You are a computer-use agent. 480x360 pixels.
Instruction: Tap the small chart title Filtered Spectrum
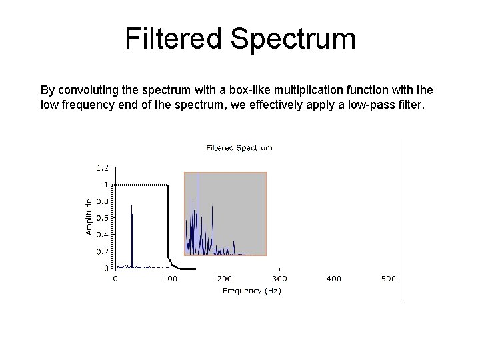239,147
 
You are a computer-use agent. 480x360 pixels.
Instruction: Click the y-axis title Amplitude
89,215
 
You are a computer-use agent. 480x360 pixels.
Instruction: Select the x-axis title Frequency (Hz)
251,291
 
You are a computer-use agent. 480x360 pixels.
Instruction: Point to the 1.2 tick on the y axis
101,167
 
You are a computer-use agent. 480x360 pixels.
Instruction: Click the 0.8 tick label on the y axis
101,201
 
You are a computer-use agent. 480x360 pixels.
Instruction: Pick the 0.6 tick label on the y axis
101,217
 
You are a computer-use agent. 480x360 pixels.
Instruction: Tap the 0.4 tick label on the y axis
101,235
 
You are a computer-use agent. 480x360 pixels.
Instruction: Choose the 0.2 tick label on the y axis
101,251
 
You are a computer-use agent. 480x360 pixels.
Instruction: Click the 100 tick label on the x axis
169,279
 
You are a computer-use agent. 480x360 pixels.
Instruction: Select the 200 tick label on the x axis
224,279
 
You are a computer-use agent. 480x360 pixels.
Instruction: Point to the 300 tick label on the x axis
279,279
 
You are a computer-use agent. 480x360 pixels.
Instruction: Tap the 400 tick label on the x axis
333,279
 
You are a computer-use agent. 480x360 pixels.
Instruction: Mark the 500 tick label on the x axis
388,279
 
